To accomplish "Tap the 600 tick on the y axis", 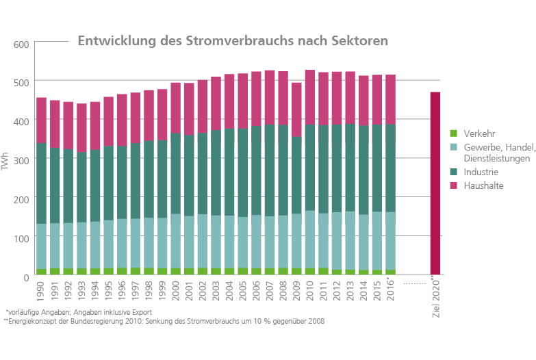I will pos(21,44).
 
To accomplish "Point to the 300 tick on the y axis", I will pos(21,159).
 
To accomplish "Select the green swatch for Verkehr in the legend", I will pos(452,133).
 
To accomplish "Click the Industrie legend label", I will pos(481,172).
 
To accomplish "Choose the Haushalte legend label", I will pos(483,185).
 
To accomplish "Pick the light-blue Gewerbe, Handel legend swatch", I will pos(452,148).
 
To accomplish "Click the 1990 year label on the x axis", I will pos(42,288).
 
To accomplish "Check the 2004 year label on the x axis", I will pos(230,288).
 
